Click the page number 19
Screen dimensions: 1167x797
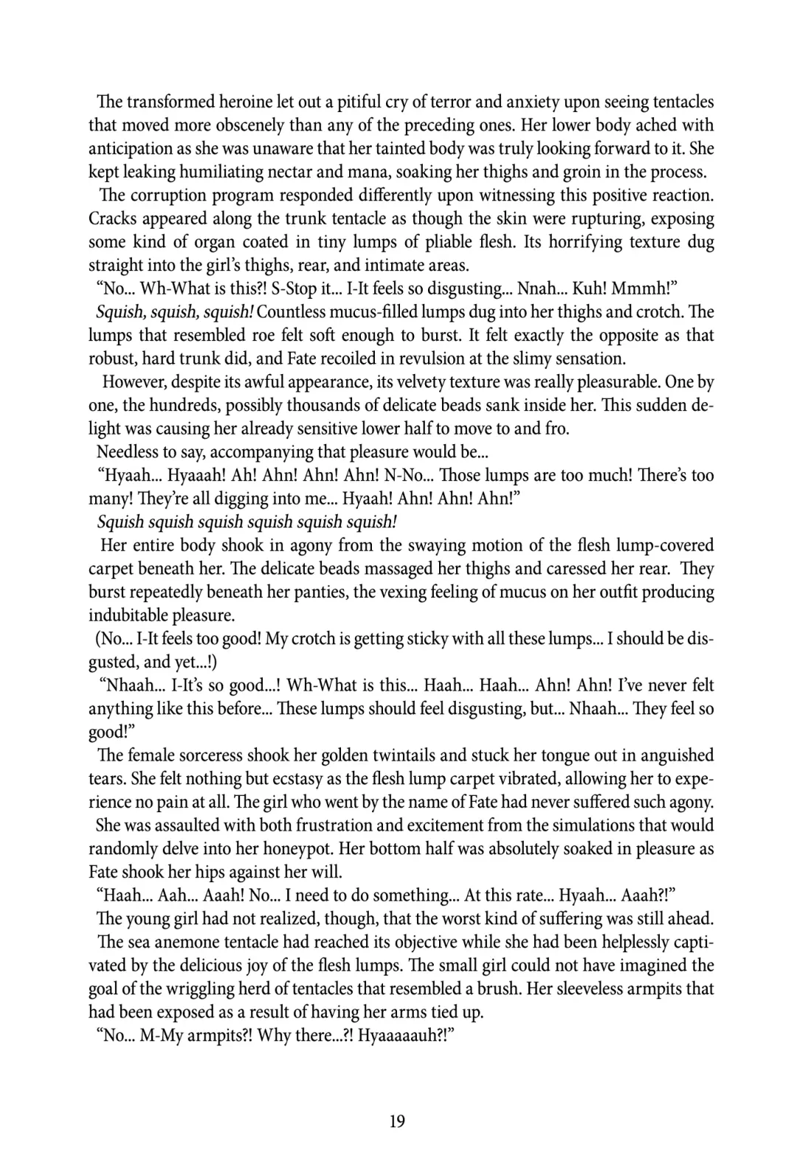pos(398,1122)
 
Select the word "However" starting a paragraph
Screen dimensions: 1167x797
pos(133,382)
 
